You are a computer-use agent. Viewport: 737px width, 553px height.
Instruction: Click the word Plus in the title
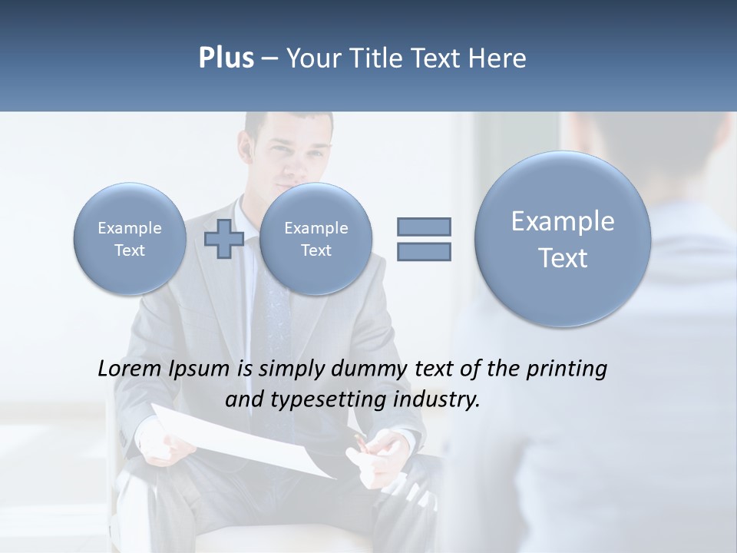[226, 58]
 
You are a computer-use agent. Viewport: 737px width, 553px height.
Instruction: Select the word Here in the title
[497, 58]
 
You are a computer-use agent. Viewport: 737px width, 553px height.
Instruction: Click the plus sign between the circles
[223, 239]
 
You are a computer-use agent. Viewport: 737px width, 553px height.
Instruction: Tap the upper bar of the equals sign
[424, 227]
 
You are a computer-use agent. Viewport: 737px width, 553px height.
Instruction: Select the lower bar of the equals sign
[424, 252]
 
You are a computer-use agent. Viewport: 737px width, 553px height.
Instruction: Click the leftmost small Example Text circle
[130, 239]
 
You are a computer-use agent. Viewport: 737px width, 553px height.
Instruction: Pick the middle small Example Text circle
[316, 239]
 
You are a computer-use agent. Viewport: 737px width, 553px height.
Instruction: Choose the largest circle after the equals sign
[563, 239]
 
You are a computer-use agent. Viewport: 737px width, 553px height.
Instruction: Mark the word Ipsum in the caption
[199, 369]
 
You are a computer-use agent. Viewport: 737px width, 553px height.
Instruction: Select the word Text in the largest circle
[563, 258]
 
